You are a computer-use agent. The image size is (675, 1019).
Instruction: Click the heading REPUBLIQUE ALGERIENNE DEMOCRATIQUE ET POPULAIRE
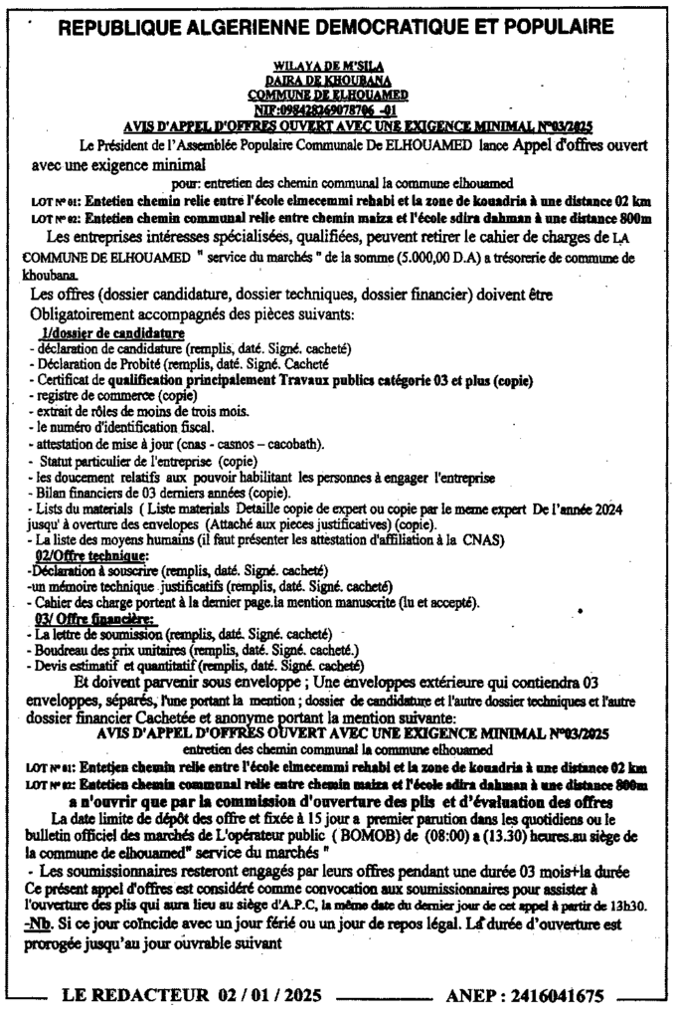pos(337,28)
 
